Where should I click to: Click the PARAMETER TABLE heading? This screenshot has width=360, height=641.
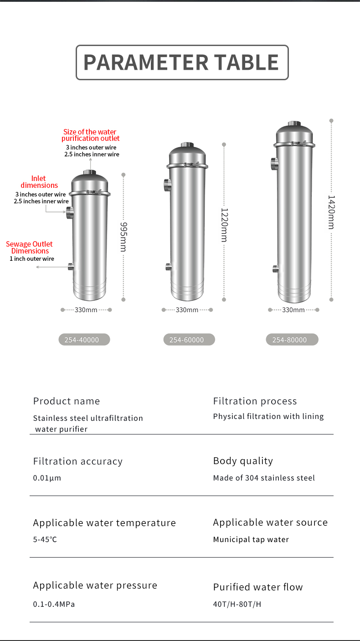181,62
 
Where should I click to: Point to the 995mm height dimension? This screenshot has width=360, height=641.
123,237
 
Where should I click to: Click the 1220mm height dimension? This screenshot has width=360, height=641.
224,225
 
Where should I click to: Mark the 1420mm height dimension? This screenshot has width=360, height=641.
331,212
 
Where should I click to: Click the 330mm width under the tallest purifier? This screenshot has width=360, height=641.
293,310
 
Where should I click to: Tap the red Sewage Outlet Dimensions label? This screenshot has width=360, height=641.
30,248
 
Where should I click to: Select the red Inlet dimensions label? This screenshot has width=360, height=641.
39,182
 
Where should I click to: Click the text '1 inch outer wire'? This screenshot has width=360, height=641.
32,258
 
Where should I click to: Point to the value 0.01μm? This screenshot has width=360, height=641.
47,478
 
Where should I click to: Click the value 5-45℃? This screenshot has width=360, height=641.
45,539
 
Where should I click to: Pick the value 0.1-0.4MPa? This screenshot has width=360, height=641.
54,604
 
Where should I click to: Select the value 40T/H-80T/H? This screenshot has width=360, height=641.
237,604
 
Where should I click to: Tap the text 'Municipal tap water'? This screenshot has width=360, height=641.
251,539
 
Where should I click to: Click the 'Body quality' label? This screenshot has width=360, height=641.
243,461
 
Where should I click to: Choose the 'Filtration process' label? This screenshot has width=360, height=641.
255,401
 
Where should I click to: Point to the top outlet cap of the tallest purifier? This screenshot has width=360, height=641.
294,124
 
